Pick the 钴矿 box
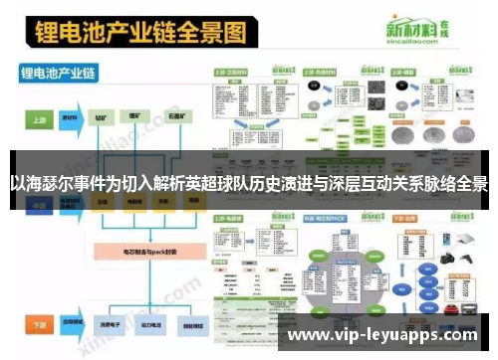[105, 117]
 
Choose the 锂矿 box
[138, 117]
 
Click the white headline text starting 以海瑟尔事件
[249, 184]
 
